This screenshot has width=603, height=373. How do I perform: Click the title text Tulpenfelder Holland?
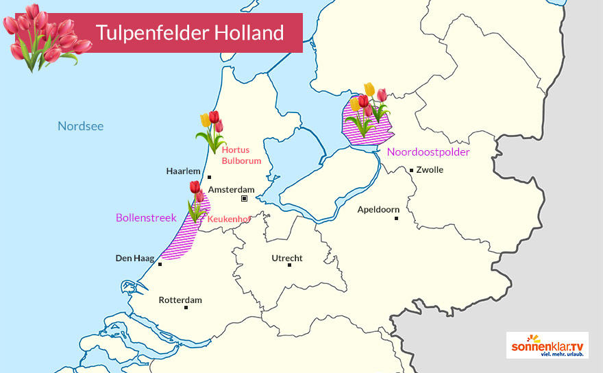[x=190, y=32]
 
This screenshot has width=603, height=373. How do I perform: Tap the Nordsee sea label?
[x=80, y=125]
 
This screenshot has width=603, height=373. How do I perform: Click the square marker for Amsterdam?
[x=244, y=199]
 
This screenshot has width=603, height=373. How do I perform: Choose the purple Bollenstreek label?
[x=146, y=217]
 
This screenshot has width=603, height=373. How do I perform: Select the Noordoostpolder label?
[x=428, y=152]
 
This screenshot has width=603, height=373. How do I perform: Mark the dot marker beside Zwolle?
[x=411, y=169]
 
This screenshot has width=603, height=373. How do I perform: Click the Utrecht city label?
[x=287, y=258]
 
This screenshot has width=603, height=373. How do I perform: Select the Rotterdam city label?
[x=180, y=300]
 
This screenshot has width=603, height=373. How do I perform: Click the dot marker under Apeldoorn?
[x=397, y=218]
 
